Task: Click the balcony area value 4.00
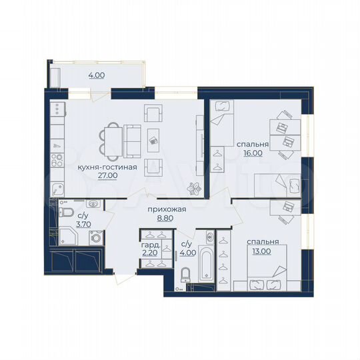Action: click(x=96, y=75)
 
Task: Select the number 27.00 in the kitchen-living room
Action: click(x=108, y=176)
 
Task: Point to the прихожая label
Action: click(x=166, y=209)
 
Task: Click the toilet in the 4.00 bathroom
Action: click(x=186, y=274)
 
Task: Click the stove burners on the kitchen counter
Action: click(x=58, y=162)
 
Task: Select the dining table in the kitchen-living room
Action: click(x=112, y=139)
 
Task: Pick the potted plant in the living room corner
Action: click(x=195, y=188)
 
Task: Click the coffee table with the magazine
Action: click(x=154, y=140)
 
